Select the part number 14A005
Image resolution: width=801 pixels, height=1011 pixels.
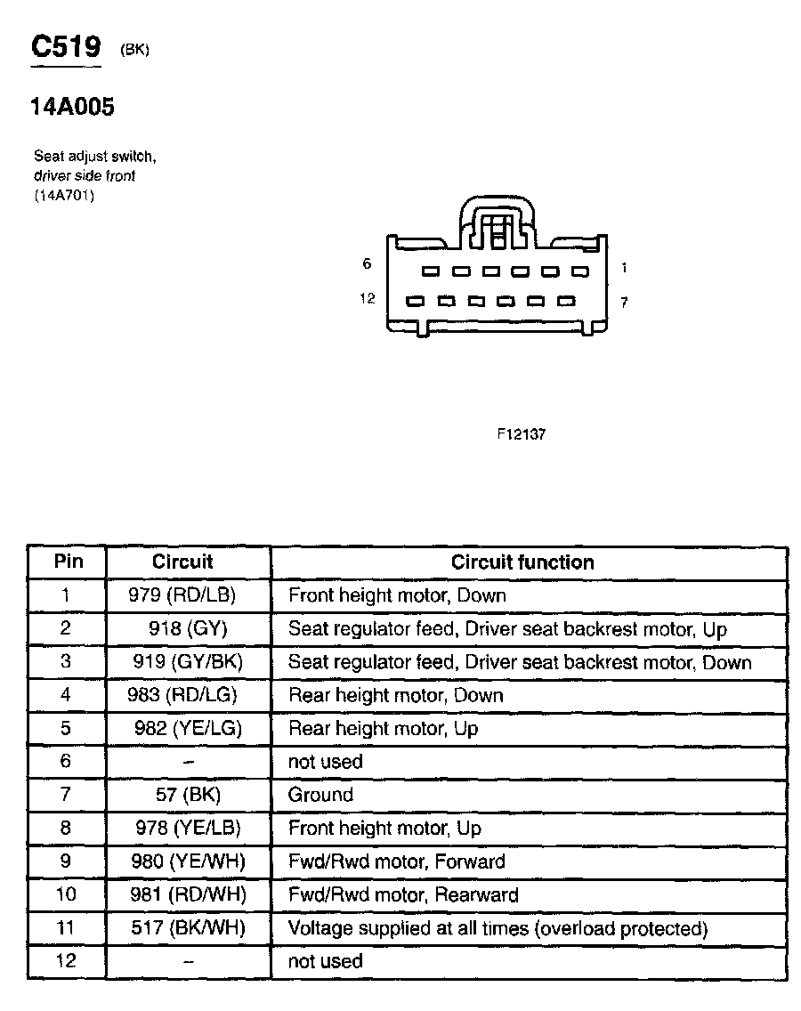click(x=72, y=108)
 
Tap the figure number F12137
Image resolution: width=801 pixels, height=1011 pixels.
click(x=521, y=436)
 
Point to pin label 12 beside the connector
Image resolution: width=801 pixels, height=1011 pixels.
click(x=368, y=299)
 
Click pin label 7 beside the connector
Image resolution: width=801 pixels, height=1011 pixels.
click(x=624, y=303)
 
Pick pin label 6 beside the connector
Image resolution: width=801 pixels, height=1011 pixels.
click(x=367, y=264)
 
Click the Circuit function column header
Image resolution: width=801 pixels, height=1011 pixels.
click(x=522, y=562)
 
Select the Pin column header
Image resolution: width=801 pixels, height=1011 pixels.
click(x=69, y=562)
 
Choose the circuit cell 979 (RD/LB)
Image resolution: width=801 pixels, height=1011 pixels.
click(x=188, y=595)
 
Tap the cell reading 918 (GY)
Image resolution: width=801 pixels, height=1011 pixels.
click(x=188, y=629)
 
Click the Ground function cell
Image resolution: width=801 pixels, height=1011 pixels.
click(x=320, y=795)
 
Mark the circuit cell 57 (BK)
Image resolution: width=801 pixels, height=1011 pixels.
click(x=188, y=795)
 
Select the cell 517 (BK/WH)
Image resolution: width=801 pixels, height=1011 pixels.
click(x=188, y=928)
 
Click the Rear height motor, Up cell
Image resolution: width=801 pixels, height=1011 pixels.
click(x=383, y=729)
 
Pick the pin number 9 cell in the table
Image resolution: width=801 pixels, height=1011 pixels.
click(x=67, y=861)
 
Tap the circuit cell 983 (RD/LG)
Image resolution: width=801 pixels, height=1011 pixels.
click(x=188, y=695)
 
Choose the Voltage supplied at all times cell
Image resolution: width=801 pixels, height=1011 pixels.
click(x=498, y=928)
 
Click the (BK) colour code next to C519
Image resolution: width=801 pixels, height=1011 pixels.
click(x=134, y=51)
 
